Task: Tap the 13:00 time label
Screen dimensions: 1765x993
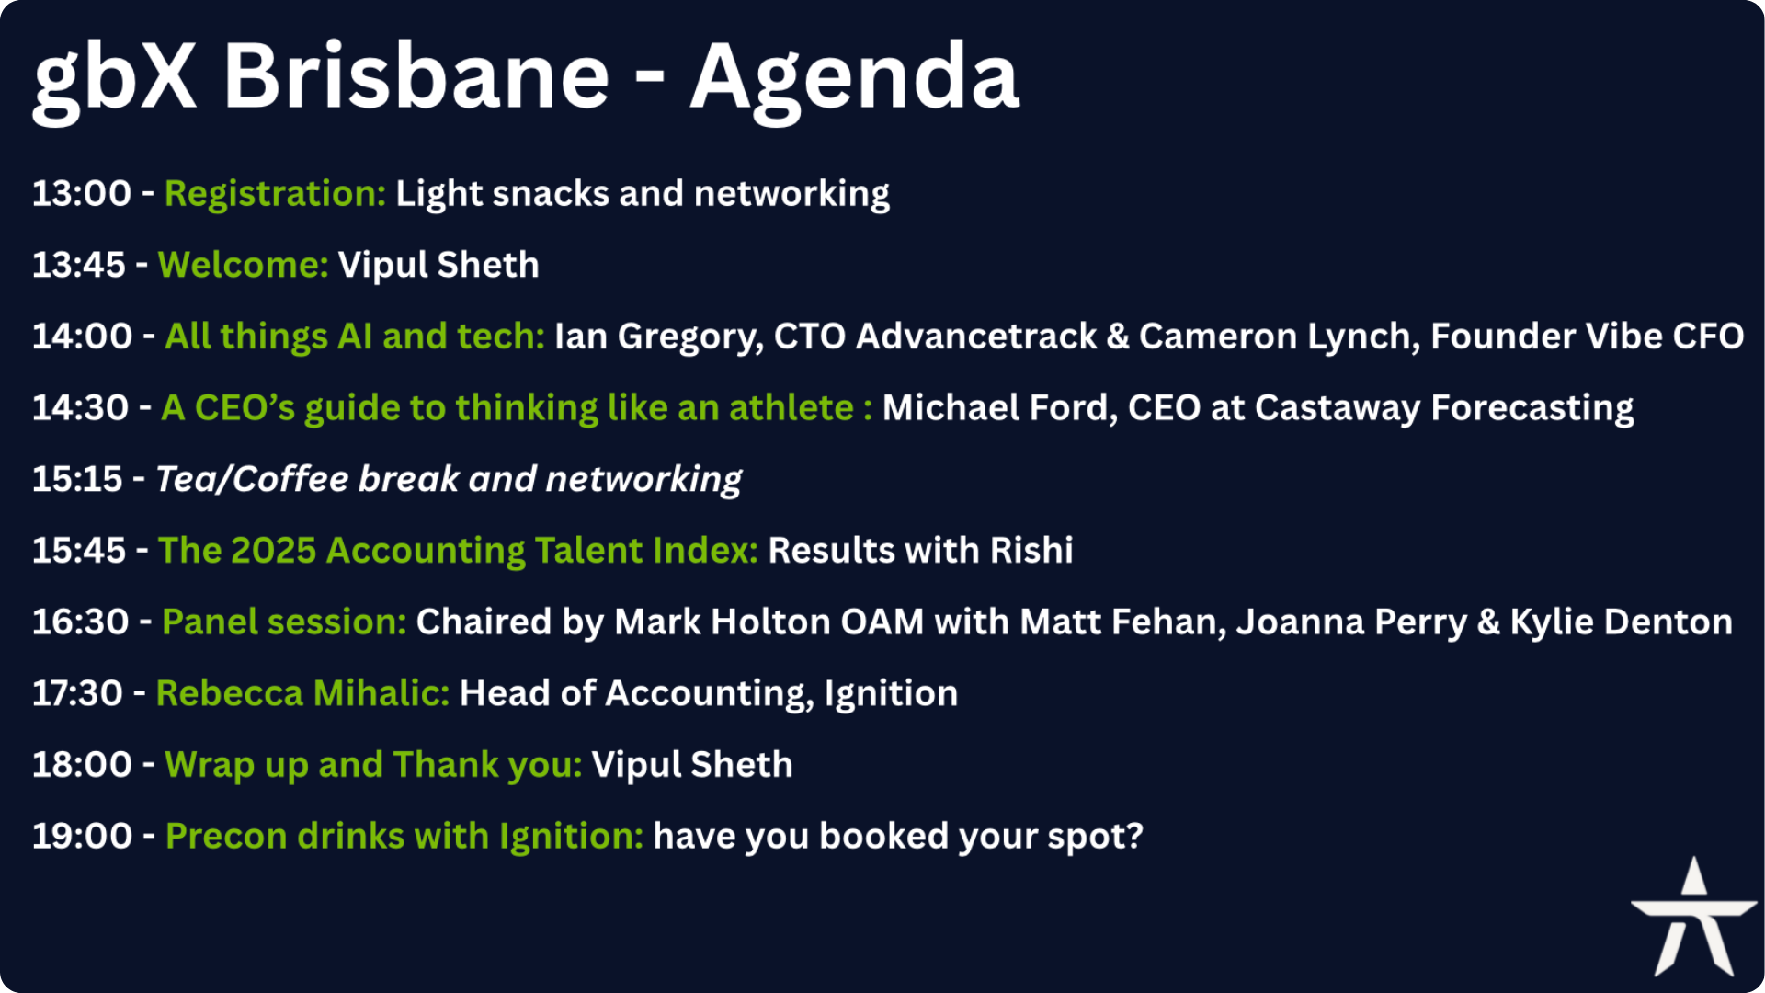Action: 82,194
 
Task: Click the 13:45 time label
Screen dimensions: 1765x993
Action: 79,266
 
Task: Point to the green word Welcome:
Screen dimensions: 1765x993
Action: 244,265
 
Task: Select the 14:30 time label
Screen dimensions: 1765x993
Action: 81,408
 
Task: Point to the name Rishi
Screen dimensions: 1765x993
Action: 1031,551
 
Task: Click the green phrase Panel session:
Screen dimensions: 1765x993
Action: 284,622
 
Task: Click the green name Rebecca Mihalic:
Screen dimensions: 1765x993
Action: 302,693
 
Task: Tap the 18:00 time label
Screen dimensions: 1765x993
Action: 83,765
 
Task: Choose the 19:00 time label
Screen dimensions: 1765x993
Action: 83,837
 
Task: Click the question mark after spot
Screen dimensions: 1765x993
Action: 1134,837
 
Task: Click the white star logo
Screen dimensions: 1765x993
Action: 1694,917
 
